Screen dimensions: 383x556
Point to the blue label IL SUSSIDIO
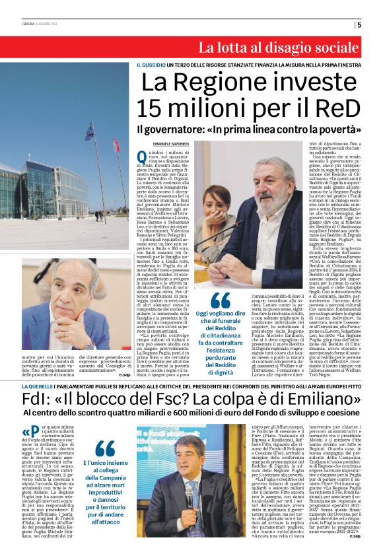pos(150,65)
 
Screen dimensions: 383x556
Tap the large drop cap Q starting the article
pos(141,156)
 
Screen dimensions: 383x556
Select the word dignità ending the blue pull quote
pos(221,373)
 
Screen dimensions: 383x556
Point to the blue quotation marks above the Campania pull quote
pos(104,448)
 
